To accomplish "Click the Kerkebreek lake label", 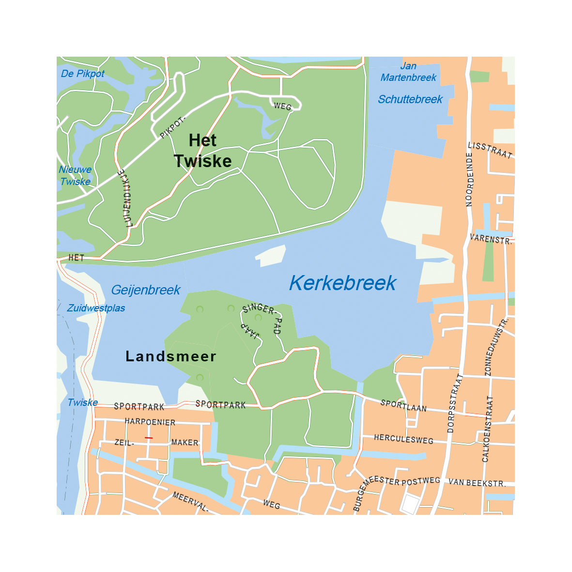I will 342,283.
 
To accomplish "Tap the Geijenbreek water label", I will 145,290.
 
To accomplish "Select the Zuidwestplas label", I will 96,309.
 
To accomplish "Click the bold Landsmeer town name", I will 170,356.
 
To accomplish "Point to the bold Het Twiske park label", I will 202,151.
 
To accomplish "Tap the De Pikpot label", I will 83,74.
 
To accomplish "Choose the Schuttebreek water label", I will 410,99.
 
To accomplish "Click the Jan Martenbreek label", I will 408,72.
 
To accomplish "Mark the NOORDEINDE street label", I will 469,179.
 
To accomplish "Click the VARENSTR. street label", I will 491,239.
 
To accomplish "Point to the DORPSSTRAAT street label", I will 452,403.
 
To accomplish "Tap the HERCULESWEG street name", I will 403,439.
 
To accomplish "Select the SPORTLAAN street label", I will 403,406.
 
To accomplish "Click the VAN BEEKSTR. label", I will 477,482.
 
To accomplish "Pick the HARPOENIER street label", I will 150,422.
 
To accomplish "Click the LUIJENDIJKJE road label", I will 125,198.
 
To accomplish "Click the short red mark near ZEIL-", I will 149,438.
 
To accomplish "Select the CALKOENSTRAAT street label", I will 487,429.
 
